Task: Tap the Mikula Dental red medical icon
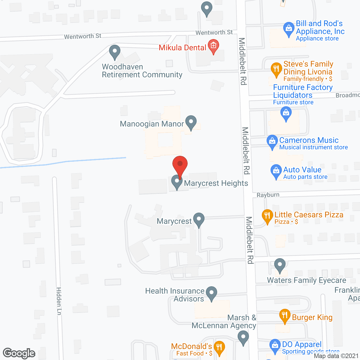(x=213, y=46)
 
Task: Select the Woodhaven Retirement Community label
(x=142, y=71)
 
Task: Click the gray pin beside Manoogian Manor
(x=191, y=122)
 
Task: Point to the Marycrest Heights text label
(x=216, y=183)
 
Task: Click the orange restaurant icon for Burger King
(x=285, y=315)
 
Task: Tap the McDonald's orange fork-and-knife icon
(x=219, y=347)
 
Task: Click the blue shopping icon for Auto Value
(x=276, y=171)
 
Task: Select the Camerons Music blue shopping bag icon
(x=272, y=141)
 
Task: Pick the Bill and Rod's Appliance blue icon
(x=289, y=29)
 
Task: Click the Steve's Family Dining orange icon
(x=276, y=69)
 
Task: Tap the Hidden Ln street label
(x=59, y=301)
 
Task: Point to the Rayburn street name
(x=268, y=195)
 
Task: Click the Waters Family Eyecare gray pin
(x=280, y=265)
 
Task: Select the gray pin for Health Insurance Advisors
(x=211, y=293)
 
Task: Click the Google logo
(x=19, y=353)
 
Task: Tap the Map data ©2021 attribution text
(x=336, y=356)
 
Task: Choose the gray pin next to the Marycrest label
(x=199, y=219)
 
